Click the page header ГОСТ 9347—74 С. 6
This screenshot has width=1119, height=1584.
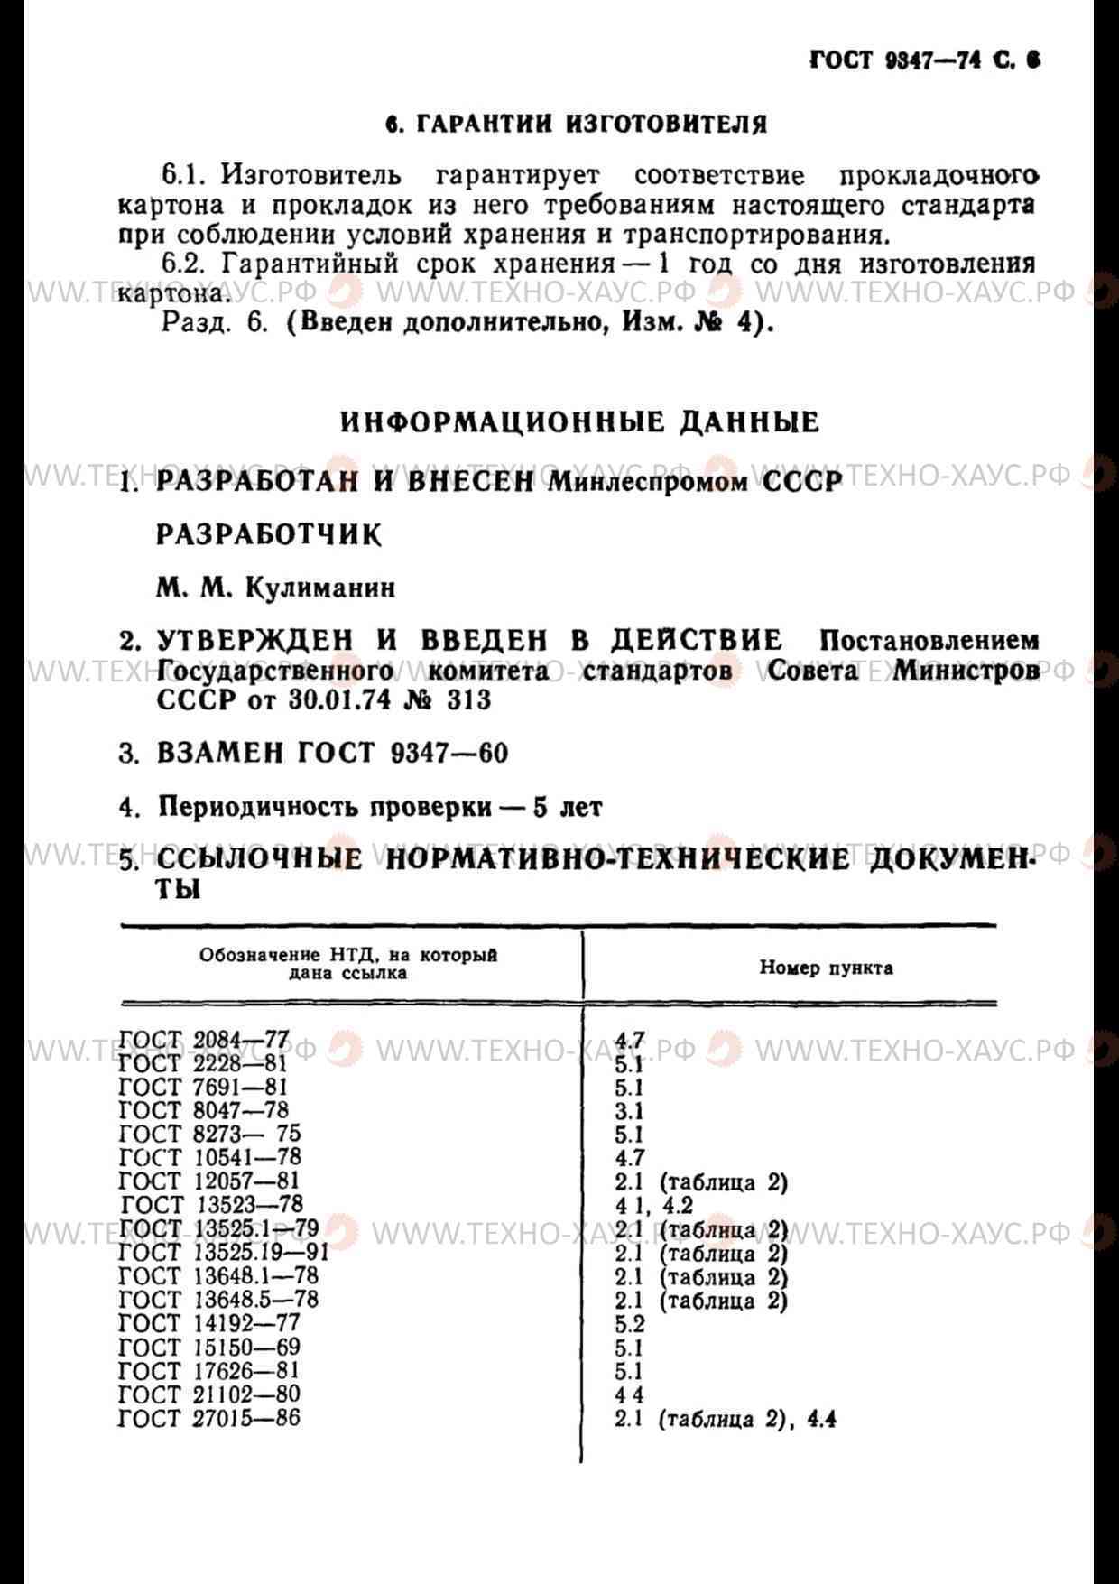click(924, 60)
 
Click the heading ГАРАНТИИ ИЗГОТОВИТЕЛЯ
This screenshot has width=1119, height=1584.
click(577, 124)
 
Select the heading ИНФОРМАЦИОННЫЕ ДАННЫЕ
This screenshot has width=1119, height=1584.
click(580, 422)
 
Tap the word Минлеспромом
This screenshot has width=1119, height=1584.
click(649, 482)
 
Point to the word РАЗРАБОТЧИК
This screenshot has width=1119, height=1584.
click(269, 534)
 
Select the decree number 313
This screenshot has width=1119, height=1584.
click(468, 699)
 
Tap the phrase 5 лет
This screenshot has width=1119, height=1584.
click(568, 807)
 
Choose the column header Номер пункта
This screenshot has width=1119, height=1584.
click(826, 968)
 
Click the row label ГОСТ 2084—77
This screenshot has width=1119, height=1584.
click(204, 1041)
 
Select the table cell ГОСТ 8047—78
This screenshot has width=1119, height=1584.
click(204, 1110)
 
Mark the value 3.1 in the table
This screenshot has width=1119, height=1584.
click(629, 1110)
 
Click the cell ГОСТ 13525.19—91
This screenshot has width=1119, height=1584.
click(224, 1253)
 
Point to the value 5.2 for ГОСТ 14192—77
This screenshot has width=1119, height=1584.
click(630, 1323)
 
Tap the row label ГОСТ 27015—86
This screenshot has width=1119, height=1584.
click(209, 1418)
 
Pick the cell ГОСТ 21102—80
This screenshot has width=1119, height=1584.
click(209, 1394)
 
